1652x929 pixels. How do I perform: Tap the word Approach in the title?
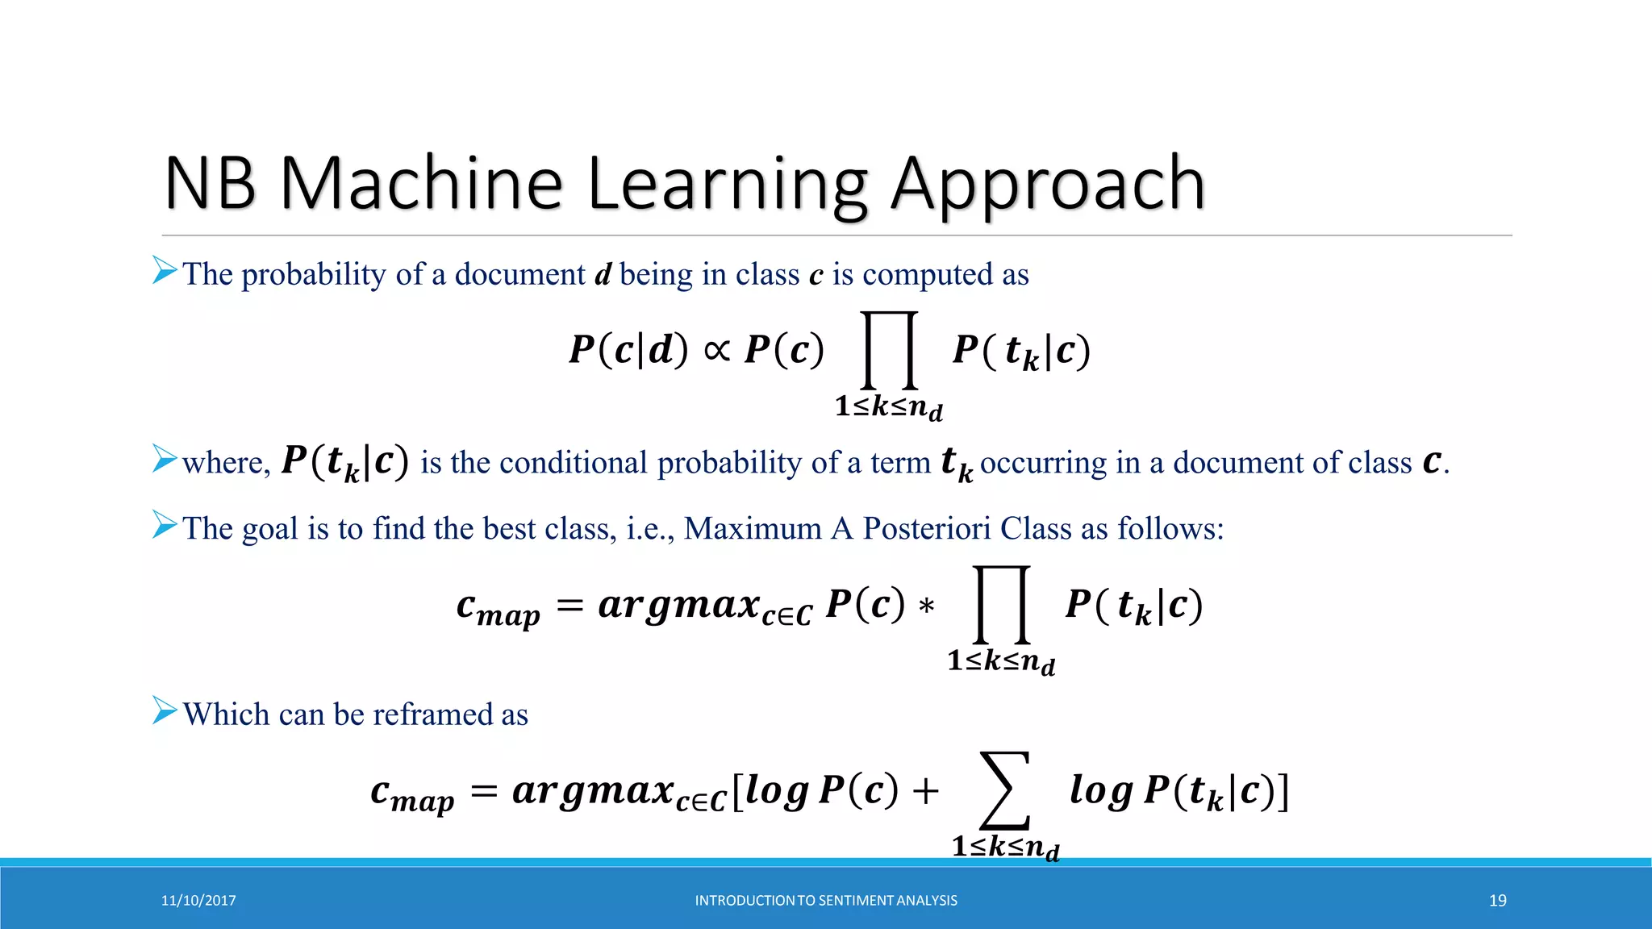coord(1048,185)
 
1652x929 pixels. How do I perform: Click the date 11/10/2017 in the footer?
coord(198,901)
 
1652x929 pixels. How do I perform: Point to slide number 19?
coord(1497,901)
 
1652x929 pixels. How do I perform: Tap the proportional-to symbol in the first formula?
coord(716,350)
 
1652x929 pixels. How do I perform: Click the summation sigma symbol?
coord(1004,790)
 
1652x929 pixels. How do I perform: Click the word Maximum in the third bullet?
coord(753,529)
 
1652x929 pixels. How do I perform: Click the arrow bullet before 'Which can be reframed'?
coord(165,710)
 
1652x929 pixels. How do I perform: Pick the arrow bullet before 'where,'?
coord(165,458)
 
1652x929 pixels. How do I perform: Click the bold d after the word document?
coord(603,275)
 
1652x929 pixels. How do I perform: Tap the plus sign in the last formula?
coord(925,791)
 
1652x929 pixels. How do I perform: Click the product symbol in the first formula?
coord(890,350)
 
